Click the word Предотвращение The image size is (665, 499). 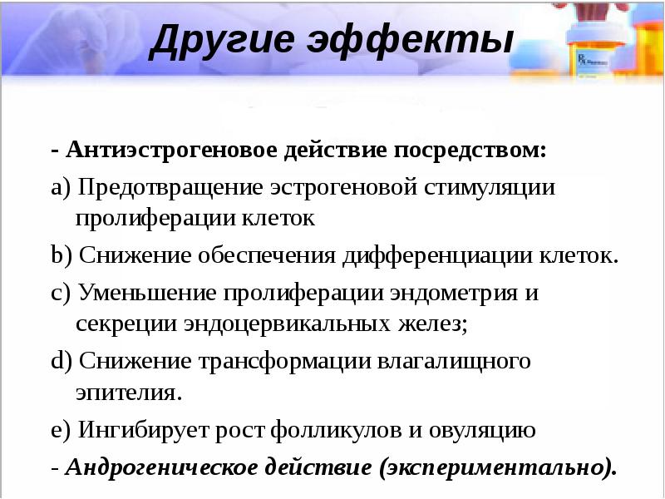170,186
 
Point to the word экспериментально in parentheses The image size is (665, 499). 495,467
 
